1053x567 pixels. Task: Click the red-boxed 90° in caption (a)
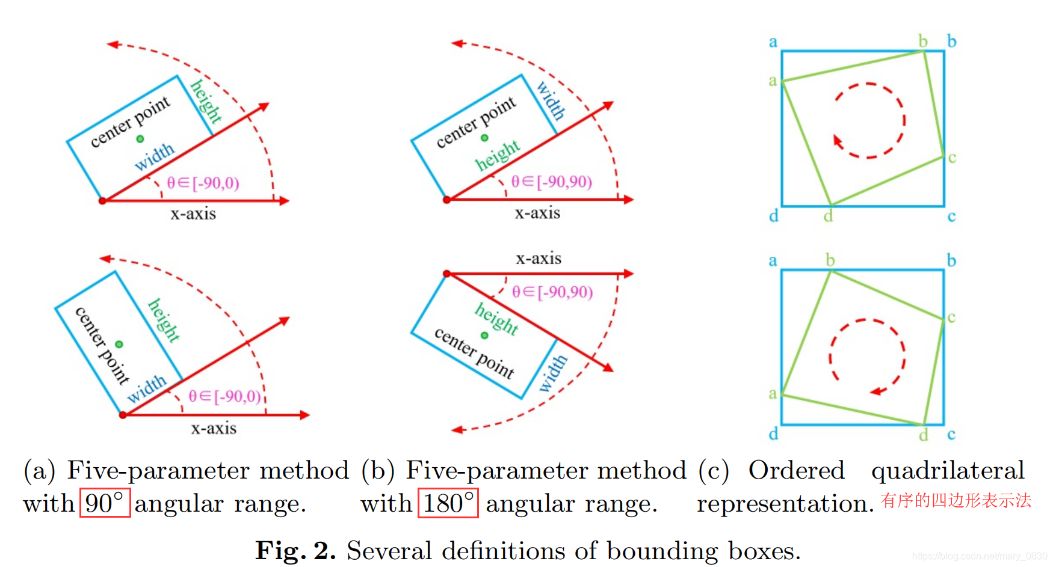pos(105,503)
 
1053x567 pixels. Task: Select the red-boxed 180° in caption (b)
pos(448,503)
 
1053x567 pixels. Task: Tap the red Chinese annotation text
pos(956,500)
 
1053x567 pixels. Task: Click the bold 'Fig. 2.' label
pos(295,550)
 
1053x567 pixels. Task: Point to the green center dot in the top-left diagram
pos(140,139)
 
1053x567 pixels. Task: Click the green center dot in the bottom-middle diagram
pos(484,336)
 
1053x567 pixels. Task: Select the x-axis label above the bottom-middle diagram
pos(539,259)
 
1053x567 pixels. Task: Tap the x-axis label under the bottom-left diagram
pos(214,429)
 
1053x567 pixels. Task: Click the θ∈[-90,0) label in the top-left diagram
pos(203,183)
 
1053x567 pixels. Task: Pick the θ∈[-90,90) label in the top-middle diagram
pos(551,182)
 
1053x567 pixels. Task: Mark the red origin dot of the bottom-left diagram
pos(123,415)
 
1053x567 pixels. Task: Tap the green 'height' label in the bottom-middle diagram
pos(496,318)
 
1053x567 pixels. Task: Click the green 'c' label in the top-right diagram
pos(952,158)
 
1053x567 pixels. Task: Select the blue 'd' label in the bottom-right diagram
pos(774,434)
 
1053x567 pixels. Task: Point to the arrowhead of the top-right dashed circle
pos(837,141)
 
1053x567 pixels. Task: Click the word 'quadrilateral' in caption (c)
pos(948,470)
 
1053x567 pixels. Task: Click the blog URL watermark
pos(979,556)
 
